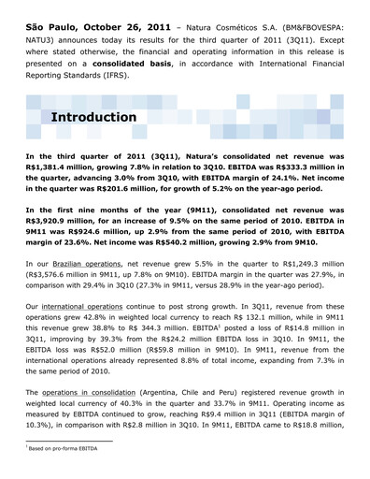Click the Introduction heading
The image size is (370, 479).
92,117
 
